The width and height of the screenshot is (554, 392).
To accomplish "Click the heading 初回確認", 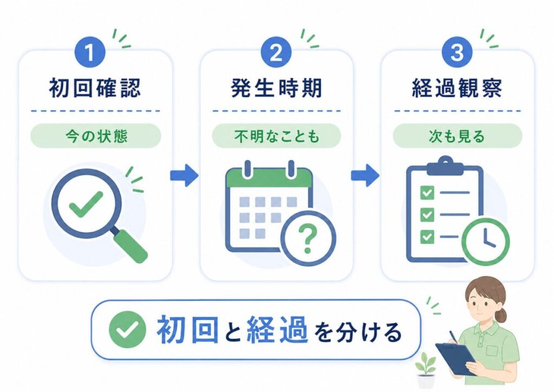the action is point(95,88).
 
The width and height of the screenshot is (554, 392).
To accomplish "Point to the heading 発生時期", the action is point(276,88).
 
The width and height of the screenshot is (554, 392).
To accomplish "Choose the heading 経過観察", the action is point(457,88).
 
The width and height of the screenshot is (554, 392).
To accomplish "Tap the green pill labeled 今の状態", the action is point(96,136).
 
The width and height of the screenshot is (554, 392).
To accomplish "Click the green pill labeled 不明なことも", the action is point(276,136).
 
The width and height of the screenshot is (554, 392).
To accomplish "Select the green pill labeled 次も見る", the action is point(457,136).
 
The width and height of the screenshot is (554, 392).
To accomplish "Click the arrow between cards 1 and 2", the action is point(184,175).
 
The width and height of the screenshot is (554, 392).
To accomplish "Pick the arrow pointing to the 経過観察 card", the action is point(365,175).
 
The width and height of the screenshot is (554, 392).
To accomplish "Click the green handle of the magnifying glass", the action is point(132,246).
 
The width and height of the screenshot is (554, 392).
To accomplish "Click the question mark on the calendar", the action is point(308,239).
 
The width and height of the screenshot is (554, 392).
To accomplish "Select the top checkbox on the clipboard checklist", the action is point(427,193).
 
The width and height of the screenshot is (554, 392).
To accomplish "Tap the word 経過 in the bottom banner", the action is point(277,330).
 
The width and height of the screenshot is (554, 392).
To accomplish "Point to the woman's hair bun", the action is point(501,313).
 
